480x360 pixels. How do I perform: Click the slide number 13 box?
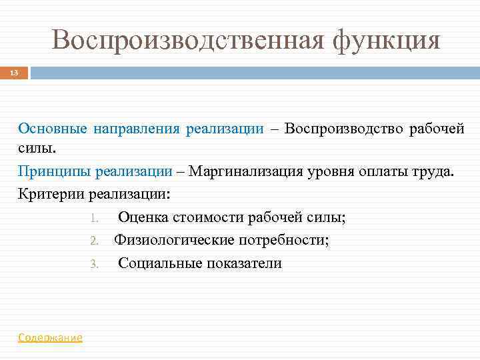14,72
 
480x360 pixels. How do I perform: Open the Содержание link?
50,337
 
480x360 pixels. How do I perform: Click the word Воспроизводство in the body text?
340,129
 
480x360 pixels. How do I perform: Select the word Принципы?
55,171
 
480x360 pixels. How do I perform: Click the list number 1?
94,218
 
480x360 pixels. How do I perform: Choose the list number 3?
94,264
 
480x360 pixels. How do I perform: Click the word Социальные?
158,263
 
